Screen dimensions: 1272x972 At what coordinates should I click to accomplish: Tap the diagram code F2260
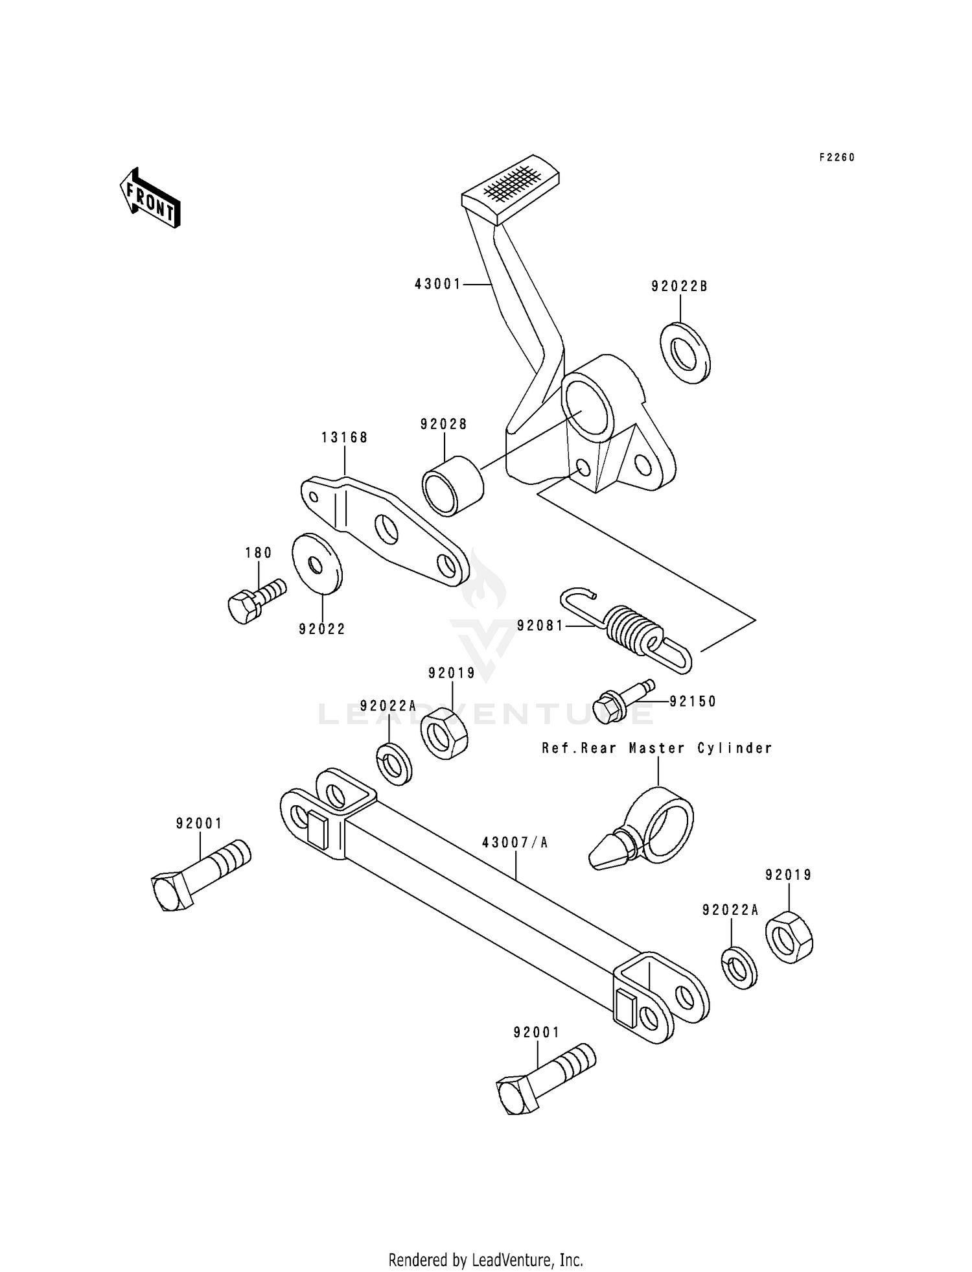pyautogui.click(x=837, y=158)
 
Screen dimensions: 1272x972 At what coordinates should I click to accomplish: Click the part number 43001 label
pyautogui.click(x=437, y=284)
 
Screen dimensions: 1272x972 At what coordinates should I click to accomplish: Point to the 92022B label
pyautogui.click(x=680, y=287)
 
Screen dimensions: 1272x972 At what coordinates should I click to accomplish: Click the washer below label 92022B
pyautogui.click(x=685, y=353)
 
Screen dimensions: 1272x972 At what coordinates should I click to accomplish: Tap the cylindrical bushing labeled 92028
pyautogui.click(x=453, y=486)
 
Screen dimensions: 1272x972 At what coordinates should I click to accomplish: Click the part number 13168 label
pyautogui.click(x=345, y=438)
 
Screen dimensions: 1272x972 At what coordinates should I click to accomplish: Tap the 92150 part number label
pyautogui.click(x=693, y=701)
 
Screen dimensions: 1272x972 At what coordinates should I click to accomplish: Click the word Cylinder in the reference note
pyautogui.click(x=734, y=748)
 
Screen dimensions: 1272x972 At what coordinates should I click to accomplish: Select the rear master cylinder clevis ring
pyautogui.click(x=661, y=823)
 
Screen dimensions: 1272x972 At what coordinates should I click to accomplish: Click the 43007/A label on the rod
pyautogui.click(x=515, y=842)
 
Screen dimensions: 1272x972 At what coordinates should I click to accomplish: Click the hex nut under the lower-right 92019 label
pyautogui.click(x=789, y=937)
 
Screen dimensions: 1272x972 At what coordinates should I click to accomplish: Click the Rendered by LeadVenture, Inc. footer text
pyautogui.click(x=485, y=1260)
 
